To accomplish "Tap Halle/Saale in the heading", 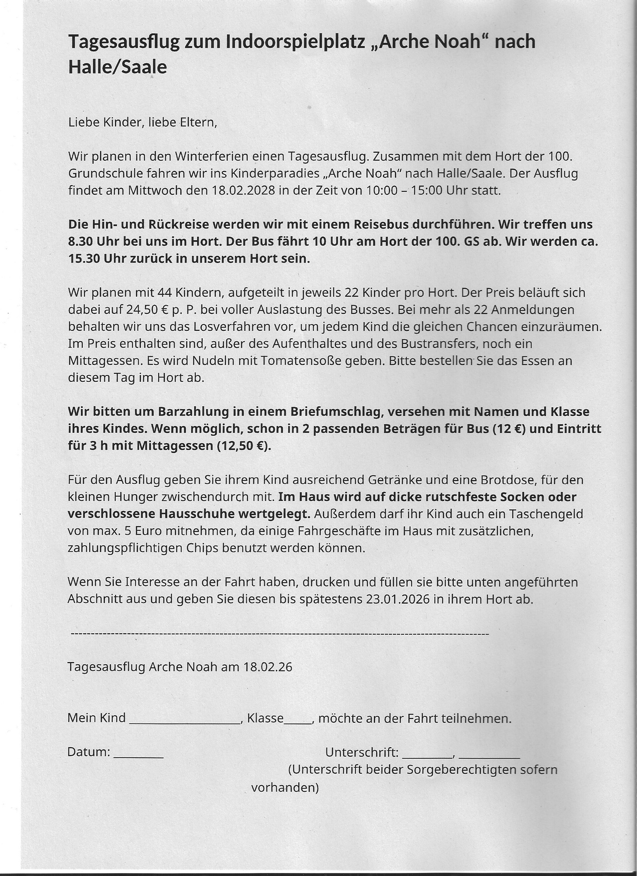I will [x=117, y=67].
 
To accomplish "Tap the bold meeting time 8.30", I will [x=80, y=241].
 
